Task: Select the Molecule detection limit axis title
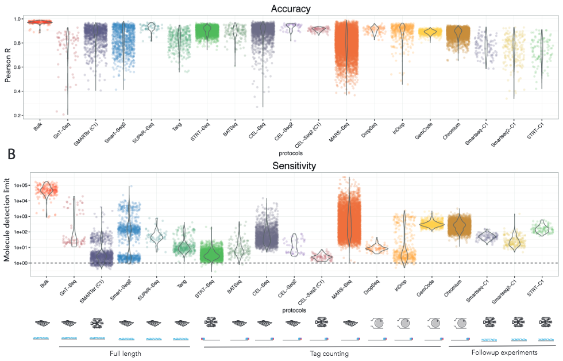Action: [8, 221]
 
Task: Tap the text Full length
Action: [125, 352]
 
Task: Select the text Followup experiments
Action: [504, 352]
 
